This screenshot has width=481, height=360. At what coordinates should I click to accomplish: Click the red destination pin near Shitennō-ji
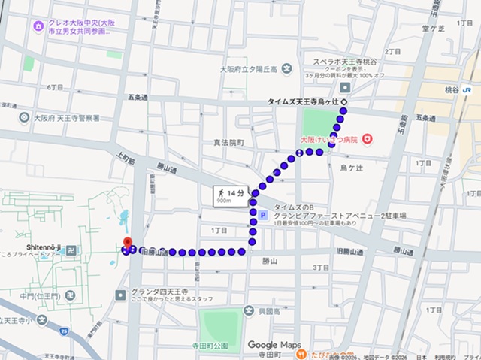pos(127,243)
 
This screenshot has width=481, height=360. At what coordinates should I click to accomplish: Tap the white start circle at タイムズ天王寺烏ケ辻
pos(345,101)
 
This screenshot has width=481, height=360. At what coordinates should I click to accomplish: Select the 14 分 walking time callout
pos(229,196)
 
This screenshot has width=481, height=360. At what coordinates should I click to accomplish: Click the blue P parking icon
pos(263,215)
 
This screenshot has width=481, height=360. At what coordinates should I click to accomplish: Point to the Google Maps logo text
pos(274,345)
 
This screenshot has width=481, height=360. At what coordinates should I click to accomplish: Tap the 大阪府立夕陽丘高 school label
pos(249,69)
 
